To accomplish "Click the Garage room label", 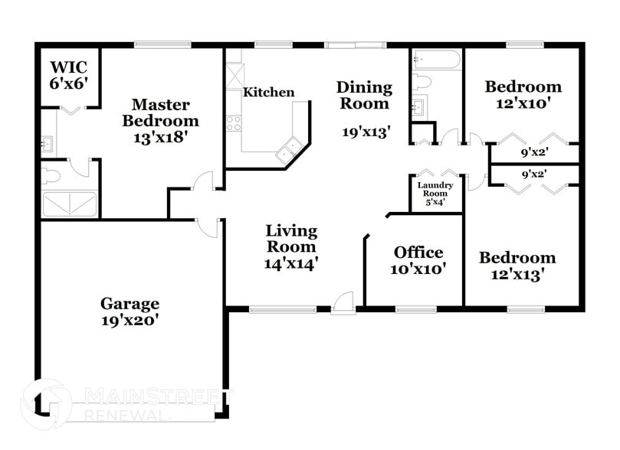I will pos(129,304).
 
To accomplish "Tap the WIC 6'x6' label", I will pos(70,75).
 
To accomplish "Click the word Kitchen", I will pos(268,93).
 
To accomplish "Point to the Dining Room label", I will pos(365,96).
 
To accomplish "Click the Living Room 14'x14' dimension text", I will pos(291,263).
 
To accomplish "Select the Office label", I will pos(418,253).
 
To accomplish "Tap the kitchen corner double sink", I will pos(290,149).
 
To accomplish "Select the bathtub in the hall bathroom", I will pos(435,60).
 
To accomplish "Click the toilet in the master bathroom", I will pos(51,175).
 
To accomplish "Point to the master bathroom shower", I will pos(70,204).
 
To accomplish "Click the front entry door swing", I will pos(343,302).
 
